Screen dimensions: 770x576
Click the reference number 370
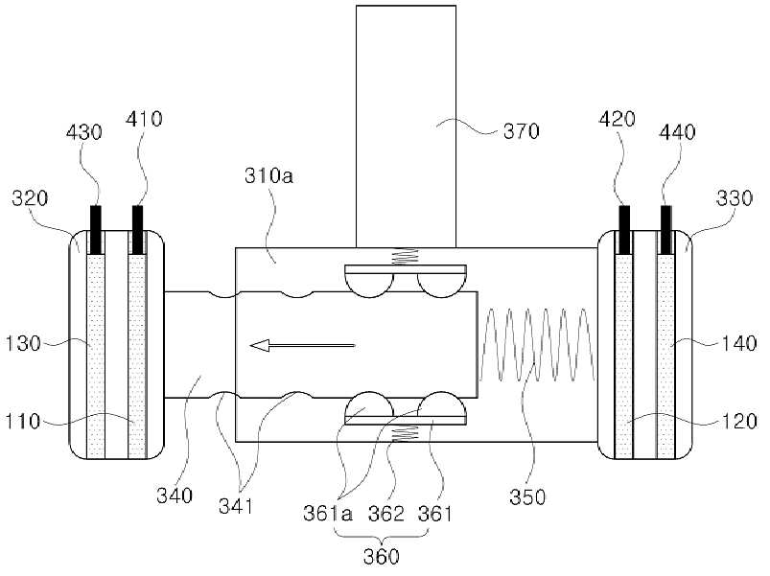tap(521, 131)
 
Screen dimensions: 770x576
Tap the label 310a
tap(268, 175)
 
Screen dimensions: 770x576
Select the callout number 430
tap(84, 132)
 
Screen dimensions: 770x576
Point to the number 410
tap(144, 119)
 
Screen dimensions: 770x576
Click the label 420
tap(618, 119)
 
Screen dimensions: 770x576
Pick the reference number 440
tap(677, 132)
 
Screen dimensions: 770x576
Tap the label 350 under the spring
tap(527, 497)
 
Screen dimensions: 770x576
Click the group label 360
tap(381, 557)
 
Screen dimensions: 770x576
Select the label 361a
tap(328, 514)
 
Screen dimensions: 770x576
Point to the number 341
tap(236, 506)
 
